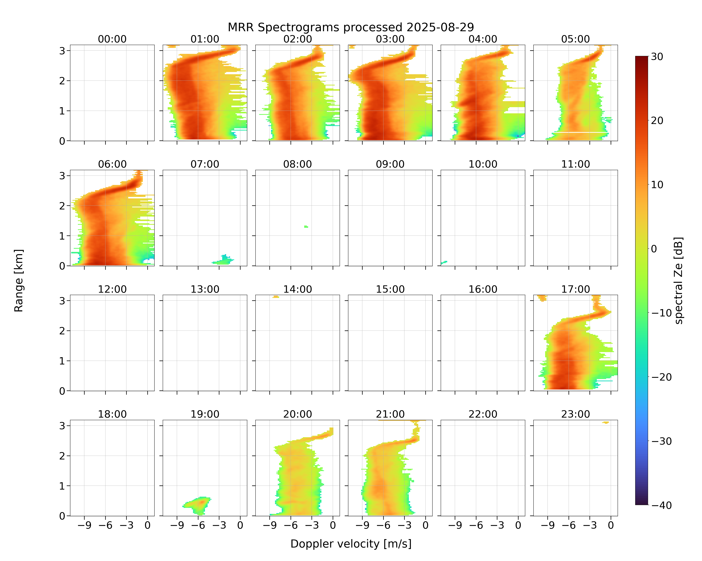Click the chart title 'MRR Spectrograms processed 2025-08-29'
point(351,27)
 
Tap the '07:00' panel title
point(205,164)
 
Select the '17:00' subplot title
point(575,289)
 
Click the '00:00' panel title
point(112,39)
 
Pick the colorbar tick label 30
point(657,57)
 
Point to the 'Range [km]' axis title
point(19,280)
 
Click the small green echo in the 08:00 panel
point(306,227)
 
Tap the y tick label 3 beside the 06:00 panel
point(62,176)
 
